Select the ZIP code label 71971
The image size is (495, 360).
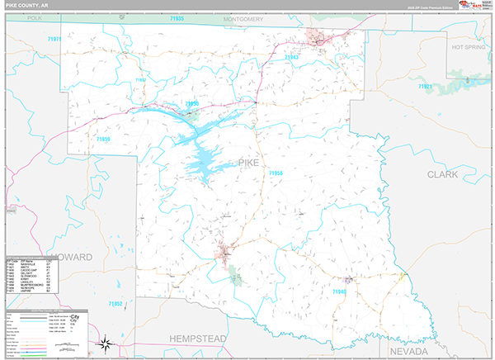[x=55, y=39]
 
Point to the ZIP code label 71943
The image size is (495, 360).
[x=290, y=57]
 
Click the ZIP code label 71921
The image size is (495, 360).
[x=426, y=86]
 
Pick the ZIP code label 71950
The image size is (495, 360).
[x=192, y=104]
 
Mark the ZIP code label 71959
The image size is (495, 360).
[x=103, y=140]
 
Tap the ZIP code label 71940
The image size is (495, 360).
[x=340, y=291]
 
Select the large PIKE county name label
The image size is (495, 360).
[x=248, y=163]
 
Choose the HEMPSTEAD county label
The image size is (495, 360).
[x=200, y=339]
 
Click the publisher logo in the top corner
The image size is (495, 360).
[x=473, y=6]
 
